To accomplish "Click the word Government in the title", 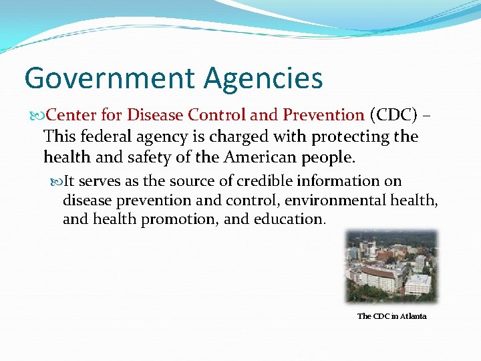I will tap(110, 78).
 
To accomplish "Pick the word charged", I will tap(230, 137).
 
